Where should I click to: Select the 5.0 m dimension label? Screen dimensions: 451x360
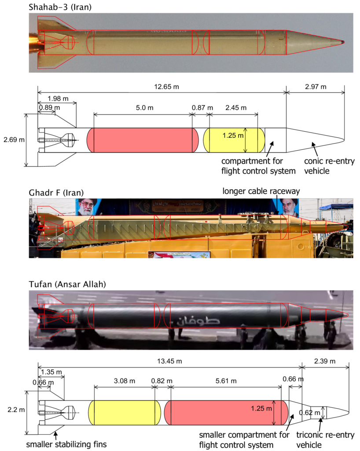point(143,108)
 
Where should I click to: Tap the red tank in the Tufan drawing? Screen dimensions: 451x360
point(220,413)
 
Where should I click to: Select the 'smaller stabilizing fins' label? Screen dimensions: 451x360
point(66,444)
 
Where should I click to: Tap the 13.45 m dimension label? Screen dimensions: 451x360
point(169,361)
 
